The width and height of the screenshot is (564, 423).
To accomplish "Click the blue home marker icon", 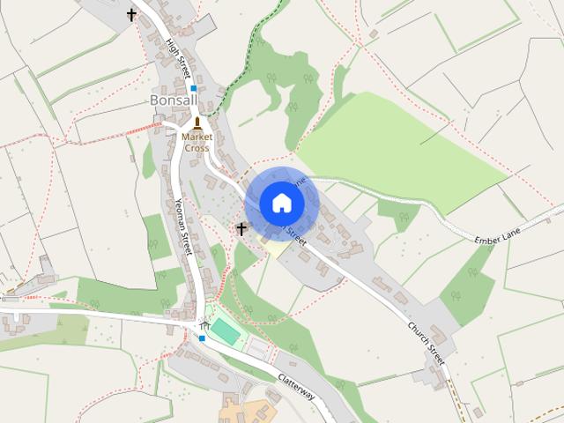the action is click(x=281, y=203).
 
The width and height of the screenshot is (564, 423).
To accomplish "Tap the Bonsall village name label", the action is click(x=174, y=100).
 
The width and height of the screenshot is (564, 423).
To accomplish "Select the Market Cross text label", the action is click(x=197, y=143).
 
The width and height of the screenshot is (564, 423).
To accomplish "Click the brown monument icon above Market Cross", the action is click(x=197, y=122).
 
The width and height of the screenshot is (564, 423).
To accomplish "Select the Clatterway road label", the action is click(x=296, y=385).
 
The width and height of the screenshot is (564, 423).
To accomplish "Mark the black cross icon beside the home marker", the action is click(x=241, y=228).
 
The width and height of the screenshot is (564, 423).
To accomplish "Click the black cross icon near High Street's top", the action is click(x=132, y=14).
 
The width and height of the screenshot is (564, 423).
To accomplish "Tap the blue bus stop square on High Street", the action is click(x=193, y=88).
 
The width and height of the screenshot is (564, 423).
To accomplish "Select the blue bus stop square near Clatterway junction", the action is click(x=202, y=338).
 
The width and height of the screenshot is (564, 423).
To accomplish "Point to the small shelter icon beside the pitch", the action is click(x=204, y=325).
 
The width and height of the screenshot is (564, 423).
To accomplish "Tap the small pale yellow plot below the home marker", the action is click(x=276, y=248).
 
